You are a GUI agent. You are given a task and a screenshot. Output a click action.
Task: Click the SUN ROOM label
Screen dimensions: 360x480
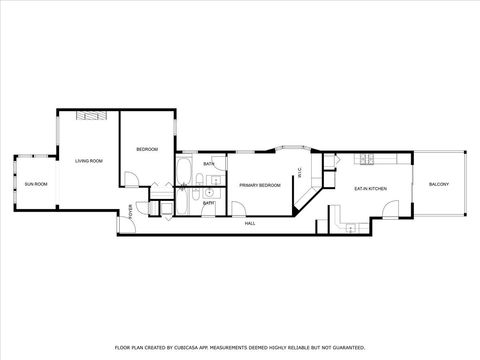(x=36, y=185)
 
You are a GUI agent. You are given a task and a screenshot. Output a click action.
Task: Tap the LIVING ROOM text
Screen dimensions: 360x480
(x=88, y=160)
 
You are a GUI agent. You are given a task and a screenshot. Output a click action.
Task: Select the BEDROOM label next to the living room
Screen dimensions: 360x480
(x=148, y=150)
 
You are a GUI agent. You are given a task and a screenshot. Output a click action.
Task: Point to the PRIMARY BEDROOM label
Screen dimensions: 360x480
(x=259, y=185)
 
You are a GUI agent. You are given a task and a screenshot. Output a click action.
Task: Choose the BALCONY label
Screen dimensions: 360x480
(x=439, y=185)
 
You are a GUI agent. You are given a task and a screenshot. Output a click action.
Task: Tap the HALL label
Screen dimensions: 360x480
(x=250, y=223)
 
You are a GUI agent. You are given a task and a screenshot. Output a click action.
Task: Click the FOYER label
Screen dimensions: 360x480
(x=131, y=210)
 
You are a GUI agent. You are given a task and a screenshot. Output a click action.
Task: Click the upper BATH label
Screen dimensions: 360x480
(x=208, y=164)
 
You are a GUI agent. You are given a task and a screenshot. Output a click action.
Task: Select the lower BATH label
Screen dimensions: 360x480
(x=208, y=202)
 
